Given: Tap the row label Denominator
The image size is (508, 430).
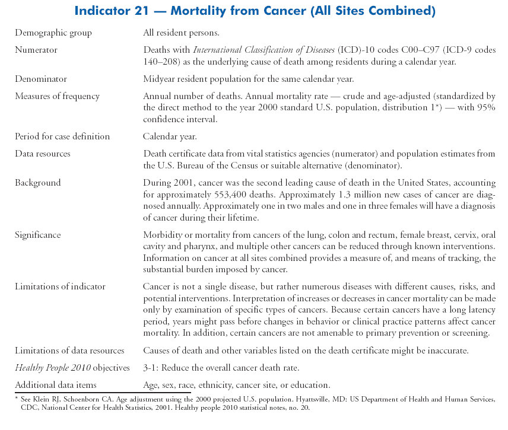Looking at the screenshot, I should click(40, 79).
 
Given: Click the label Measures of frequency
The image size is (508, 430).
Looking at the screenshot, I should click(57, 96).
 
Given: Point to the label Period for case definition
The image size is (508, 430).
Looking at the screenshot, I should click(62, 136).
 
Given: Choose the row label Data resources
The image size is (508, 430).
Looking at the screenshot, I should click(43, 154).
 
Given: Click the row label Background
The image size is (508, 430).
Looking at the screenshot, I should click(38, 183).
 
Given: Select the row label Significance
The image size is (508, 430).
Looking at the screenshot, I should click(38, 235).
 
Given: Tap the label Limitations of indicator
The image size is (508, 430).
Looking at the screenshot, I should click(60, 286).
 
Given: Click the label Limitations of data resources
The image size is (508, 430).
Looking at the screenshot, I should click(69, 351).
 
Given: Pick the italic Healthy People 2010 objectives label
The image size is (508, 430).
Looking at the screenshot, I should click(72, 368).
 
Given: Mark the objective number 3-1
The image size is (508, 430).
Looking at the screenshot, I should click(151, 368).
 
